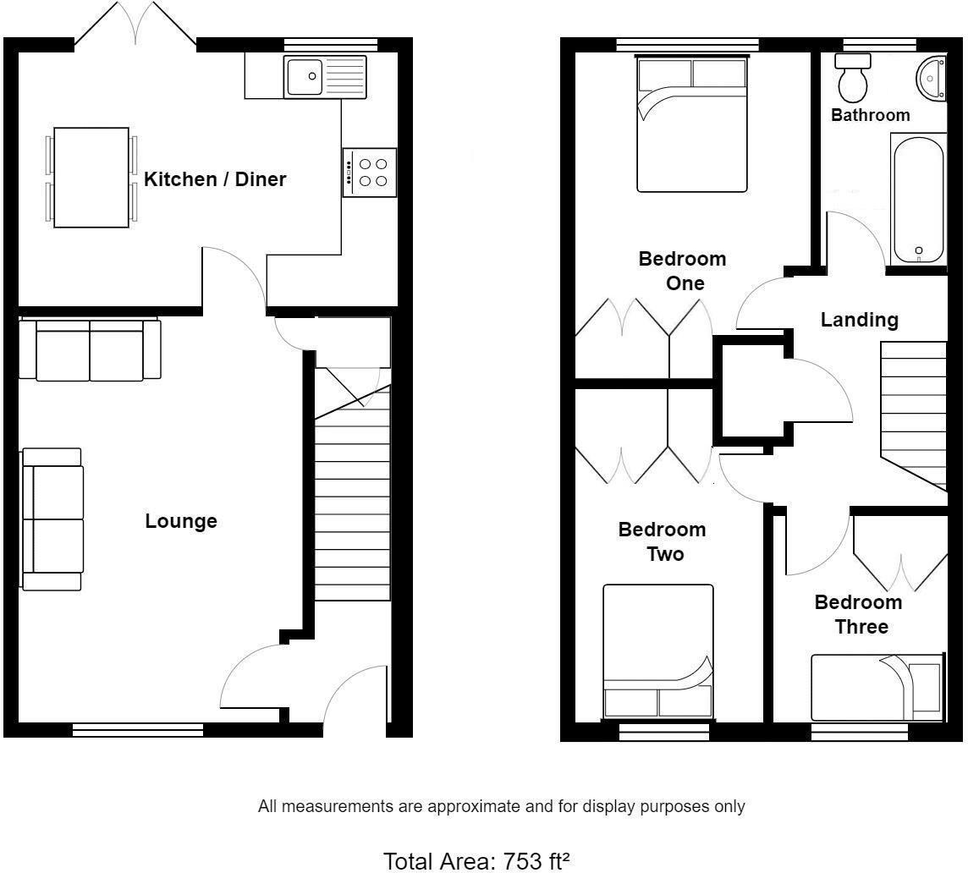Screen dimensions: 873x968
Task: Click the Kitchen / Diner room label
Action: point(215,179)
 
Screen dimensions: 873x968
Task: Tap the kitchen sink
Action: point(325,77)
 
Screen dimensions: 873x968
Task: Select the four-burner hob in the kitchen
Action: point(370,173)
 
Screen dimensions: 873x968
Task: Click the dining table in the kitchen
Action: point(91,178)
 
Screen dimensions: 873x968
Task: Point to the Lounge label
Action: point(181,521)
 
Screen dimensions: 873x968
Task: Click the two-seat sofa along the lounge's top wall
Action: point(90,350)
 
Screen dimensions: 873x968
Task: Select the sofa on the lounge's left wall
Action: point(52,519)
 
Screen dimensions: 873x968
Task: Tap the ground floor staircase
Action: point(353,499)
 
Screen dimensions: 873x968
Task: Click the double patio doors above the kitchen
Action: point(135,25)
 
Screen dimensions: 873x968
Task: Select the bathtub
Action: point(918,200)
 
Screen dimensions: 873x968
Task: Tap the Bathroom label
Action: point(870,115)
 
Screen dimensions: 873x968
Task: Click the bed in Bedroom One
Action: point(692,124)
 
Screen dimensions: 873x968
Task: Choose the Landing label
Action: point(860,320)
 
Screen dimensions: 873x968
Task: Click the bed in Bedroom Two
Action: point(657,651)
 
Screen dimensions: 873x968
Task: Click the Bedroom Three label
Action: point(858,614)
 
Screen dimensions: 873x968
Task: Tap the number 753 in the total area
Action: point(523,861)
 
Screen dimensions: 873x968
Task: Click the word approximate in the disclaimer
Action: point(475,806)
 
